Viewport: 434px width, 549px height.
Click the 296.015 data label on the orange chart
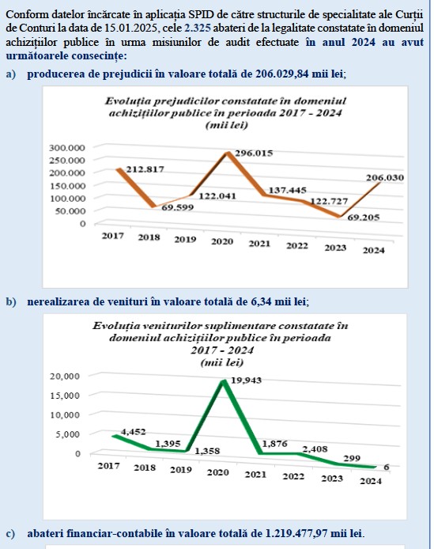254,153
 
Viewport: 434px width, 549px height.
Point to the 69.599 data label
177,207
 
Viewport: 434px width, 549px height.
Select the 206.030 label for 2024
385,177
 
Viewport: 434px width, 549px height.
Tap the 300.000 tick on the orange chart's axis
67,148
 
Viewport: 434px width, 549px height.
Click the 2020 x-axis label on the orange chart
222,241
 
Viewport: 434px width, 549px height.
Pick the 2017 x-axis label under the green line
108,466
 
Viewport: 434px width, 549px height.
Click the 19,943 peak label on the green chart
246,381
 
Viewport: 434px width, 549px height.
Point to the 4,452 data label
133,432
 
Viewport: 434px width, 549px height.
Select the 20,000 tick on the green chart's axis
65,377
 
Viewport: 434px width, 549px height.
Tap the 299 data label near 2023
352,458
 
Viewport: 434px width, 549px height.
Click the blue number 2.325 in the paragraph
198,28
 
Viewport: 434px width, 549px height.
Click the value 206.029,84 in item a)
282,74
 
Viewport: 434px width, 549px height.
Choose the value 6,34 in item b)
261,301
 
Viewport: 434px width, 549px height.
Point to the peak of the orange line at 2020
228,153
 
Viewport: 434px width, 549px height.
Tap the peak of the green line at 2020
224,381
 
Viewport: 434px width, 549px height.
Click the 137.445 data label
287,191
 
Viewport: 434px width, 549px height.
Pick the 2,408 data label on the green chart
315,449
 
